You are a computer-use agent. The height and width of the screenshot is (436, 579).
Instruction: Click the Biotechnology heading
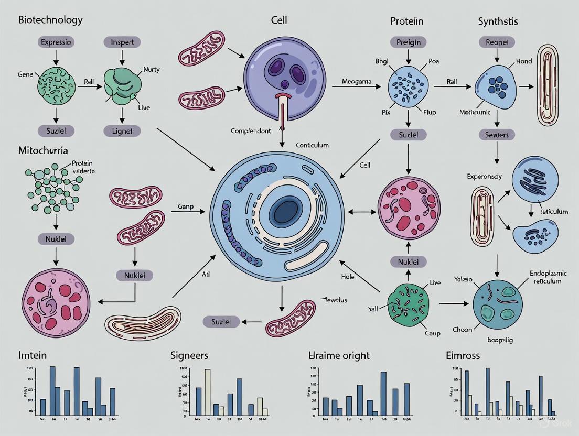50,20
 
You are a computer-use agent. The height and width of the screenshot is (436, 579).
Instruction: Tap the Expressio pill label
56,42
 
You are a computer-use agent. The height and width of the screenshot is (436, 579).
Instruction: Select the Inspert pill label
122,42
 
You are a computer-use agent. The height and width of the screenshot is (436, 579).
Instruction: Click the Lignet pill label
122,131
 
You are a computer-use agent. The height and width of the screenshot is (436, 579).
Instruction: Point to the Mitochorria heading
43,150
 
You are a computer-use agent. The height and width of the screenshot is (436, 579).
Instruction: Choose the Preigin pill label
408,42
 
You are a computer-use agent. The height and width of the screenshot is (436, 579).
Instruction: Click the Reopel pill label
497,42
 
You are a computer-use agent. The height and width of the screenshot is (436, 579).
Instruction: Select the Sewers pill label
496,135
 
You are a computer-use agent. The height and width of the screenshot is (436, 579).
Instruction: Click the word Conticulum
312,145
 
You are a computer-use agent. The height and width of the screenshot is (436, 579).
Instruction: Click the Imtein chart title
33,356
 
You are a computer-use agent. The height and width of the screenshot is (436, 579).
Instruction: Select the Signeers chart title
189,356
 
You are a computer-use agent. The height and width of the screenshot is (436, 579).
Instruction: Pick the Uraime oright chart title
339,356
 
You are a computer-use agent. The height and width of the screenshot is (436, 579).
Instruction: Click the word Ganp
185,206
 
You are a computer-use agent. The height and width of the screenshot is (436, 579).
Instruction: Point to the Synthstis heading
499,21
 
